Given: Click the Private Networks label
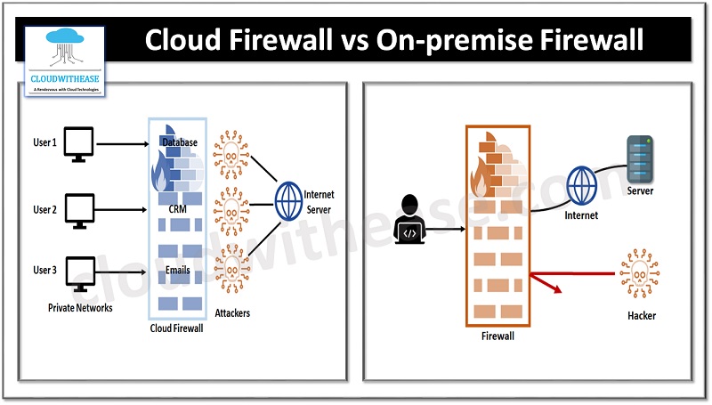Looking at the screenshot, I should (79, 308).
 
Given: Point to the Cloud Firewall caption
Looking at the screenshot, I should (178, 328).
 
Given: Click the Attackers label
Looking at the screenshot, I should (231, 312).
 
